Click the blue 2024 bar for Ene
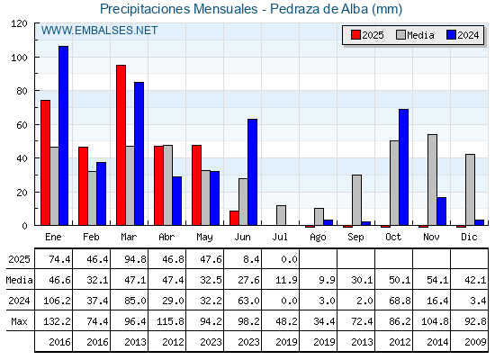click(x=63, y=136)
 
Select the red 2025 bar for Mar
click(x=121, y=145)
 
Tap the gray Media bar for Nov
click(x=432, y=180)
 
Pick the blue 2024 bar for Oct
click(x=404, y=167)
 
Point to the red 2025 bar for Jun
click(x=234, y=218)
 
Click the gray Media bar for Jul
click(x=281, y=215)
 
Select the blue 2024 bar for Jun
click(x=252, y=172)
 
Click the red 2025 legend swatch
click(x=355, y=35)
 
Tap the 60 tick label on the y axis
click(x=22, y=125)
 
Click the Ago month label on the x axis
click(x=318, y=238)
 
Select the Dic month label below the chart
click(x=469, y=237)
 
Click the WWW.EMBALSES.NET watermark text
click(x=99, y=31)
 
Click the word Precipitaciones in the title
click(x=145, y=9)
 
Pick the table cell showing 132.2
click(x=57, y=321)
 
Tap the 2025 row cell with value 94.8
click(x=135, y=259)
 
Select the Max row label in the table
click(x=19, y=321)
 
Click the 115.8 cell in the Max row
click(x=170, y=321)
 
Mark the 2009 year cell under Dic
click(x=475, y=342)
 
